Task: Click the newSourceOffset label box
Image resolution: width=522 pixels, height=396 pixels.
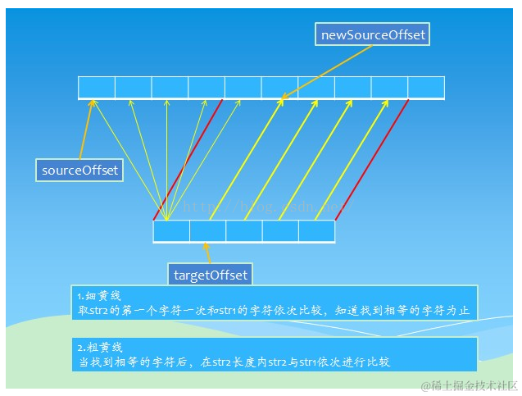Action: pos(373,34)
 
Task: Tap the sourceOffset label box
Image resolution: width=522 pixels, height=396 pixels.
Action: pos(80,171)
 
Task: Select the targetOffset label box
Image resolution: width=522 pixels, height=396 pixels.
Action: pos(210,275)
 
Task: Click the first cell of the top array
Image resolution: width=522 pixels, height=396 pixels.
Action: pos(97,87)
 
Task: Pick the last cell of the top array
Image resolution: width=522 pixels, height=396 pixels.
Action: pos(426,87)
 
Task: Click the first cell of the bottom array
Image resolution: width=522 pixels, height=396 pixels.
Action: pos(171,231)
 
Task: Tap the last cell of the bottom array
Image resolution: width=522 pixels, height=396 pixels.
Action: pos(316,231)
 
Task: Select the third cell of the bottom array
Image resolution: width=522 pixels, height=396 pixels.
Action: pos(244,231)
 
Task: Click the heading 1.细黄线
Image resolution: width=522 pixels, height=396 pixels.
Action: pos(99,296)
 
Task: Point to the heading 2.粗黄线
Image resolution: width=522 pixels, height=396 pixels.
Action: pos(99,347)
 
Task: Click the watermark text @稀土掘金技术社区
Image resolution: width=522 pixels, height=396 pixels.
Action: pos(468,385)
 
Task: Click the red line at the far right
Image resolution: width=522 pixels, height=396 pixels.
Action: pos(372,160)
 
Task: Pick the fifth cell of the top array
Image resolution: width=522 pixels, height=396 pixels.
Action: pos(243,87)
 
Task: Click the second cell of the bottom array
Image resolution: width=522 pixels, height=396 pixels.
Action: pos(207,231)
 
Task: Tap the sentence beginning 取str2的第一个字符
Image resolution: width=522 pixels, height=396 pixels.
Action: pos(275,312)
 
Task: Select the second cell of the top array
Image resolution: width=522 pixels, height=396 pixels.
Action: pos(134,87)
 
